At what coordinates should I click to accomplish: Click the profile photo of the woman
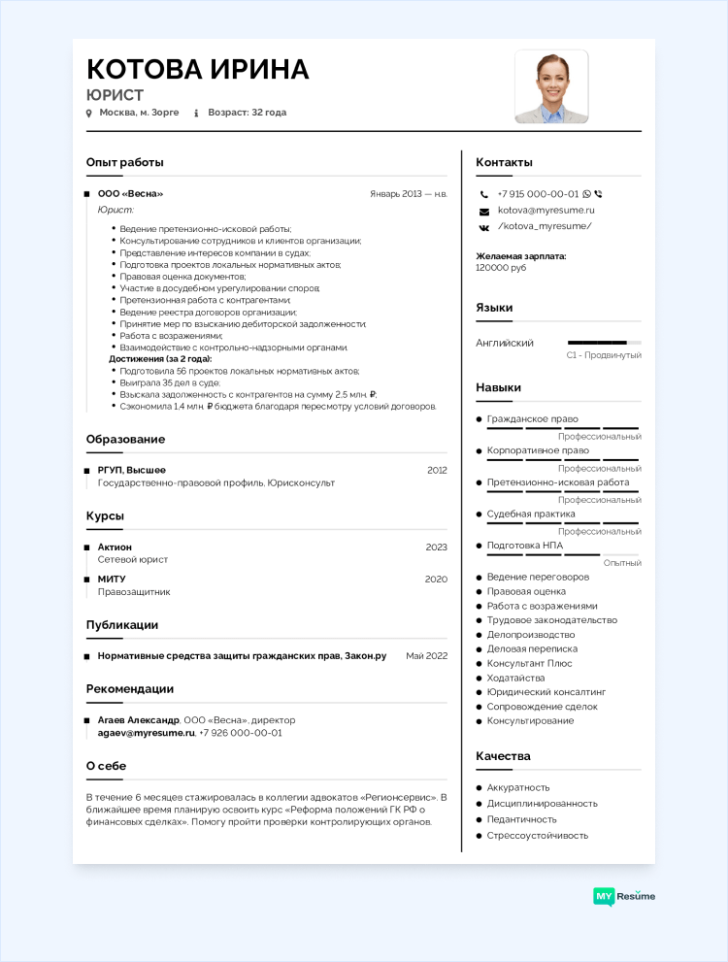tap(551, 86)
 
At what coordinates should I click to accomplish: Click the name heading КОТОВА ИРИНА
tap(198, 69)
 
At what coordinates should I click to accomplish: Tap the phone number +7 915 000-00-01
tap(538, 194)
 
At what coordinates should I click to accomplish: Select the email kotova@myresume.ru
tap(546, 210)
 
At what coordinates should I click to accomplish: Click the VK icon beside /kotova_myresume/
tap(483, 226)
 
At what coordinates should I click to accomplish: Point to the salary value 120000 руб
tap(501, 267)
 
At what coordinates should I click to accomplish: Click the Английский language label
tap(505, 343)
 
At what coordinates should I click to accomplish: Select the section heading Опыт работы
tap(125, 162)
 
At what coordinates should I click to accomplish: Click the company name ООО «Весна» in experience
tap(130, 194)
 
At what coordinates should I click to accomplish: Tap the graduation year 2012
tap(437, 470)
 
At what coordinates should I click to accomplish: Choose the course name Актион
tap(115, 547)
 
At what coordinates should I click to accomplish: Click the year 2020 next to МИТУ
tap(437, 580)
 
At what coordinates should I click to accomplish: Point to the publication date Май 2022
tap(426, 656)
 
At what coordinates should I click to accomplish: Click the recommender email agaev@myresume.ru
tap(146, 733)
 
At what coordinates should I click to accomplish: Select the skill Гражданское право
tap(532, 419)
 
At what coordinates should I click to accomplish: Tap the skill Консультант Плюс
tap(529, 663)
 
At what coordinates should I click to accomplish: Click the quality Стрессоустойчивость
tap(537, 835)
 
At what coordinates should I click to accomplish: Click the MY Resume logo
tap(624, 896)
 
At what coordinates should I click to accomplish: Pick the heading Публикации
tap(122, 624)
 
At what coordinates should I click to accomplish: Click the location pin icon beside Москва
tap(89, 114)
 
